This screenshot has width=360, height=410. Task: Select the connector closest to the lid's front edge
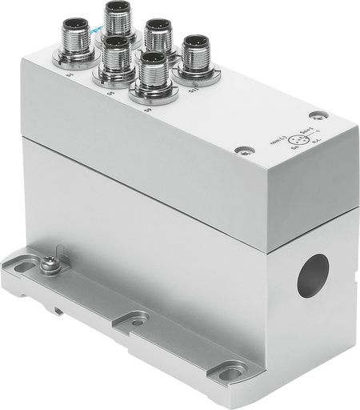click(x=154, y=76)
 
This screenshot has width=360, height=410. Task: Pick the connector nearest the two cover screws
click(x=194, y=56)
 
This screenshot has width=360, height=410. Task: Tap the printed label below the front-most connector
click(x=147, y=110)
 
